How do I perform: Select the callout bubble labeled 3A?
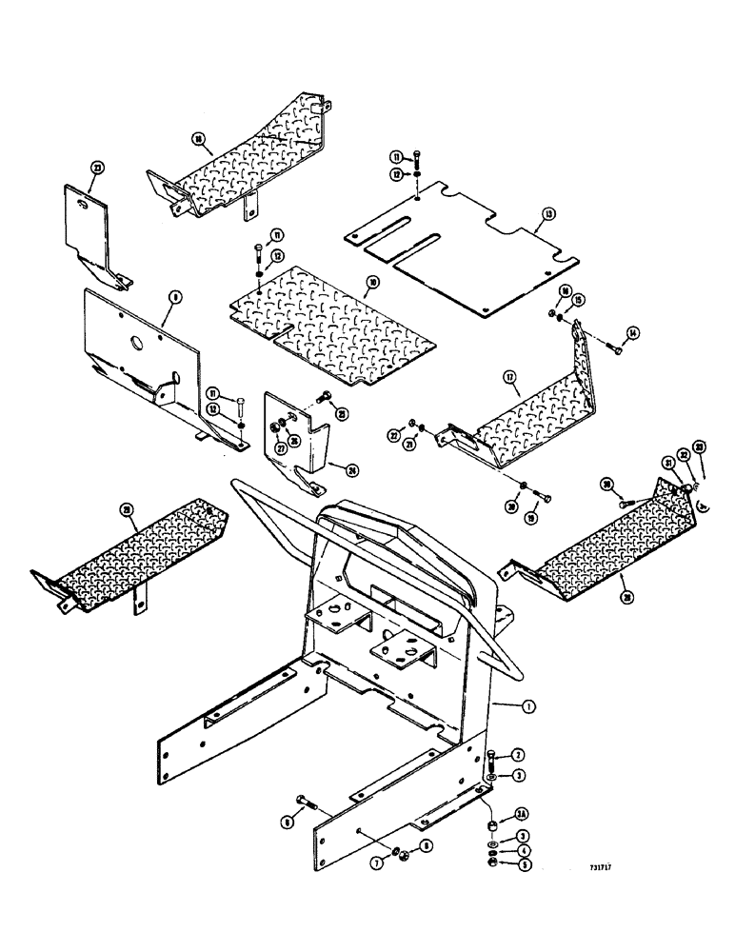(522, 813)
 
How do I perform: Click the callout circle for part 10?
(373, 282)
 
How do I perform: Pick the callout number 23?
(96, 168)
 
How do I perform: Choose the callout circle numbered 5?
(523, 864)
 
